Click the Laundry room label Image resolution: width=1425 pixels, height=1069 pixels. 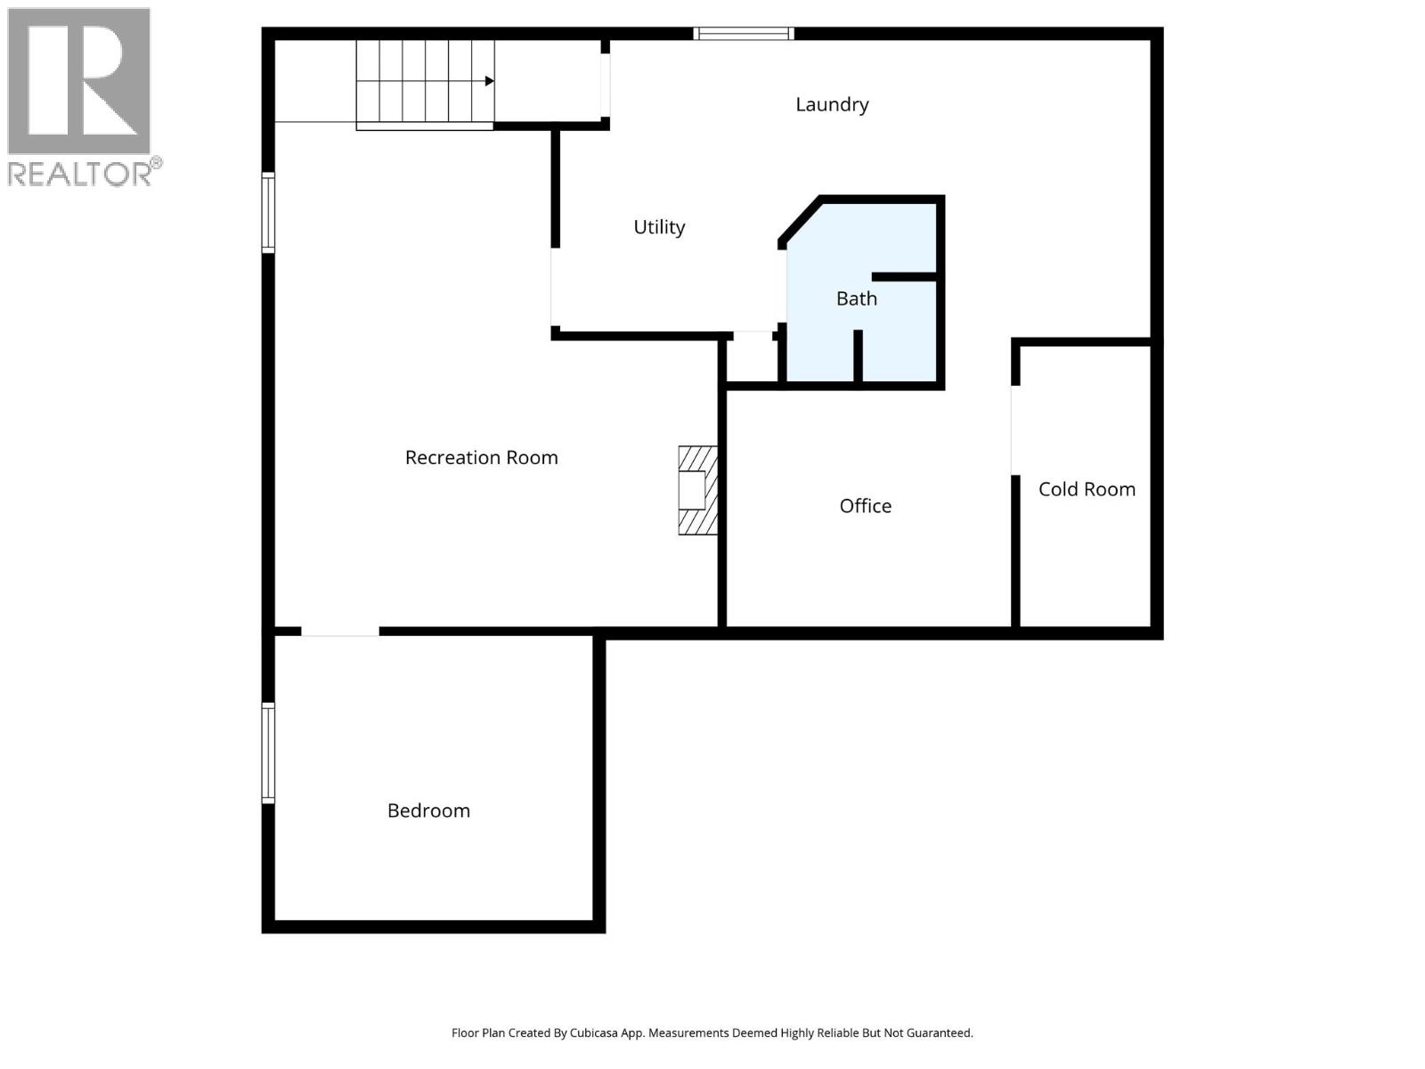tap(832, 105)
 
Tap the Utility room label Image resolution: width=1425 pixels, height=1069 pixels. tap(659, 227)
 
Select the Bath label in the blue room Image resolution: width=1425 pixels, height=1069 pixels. tap(857, 298)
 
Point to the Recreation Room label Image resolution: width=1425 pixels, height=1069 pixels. tap(481, 458)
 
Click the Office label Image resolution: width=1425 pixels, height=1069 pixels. tap(865, 506)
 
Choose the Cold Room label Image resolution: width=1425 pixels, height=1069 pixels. tap(1087, 489)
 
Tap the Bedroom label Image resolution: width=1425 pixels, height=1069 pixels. tap(428, 811)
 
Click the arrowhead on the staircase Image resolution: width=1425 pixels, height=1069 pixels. tap(489, 81)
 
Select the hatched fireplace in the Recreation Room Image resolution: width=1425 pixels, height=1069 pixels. tap(697, 490)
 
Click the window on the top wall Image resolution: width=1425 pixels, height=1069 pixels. tap(744, 34)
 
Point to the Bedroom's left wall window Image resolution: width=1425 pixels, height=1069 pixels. tap(268, 753)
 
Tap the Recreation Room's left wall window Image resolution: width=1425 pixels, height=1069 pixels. tap(268, 213)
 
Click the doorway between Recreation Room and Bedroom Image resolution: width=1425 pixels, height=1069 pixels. tap(339, 632)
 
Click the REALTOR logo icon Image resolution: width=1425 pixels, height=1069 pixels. tap(78, 81)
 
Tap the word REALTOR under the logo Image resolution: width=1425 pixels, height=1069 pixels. tap(80, 173)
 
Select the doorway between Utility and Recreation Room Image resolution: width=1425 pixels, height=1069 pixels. tap(553, 287)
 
